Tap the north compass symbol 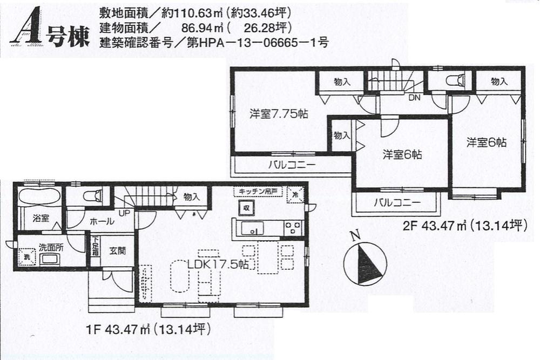tap(365, 263)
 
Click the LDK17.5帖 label tap(218, 264)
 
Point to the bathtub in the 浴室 tap(38, 197)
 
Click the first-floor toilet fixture tap(93, 195)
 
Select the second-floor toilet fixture tap(454, 81)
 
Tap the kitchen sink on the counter tap(252, 228)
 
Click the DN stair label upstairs tap(414, 97)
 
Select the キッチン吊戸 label tap(258, 192)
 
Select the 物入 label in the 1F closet tap(191, 197)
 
